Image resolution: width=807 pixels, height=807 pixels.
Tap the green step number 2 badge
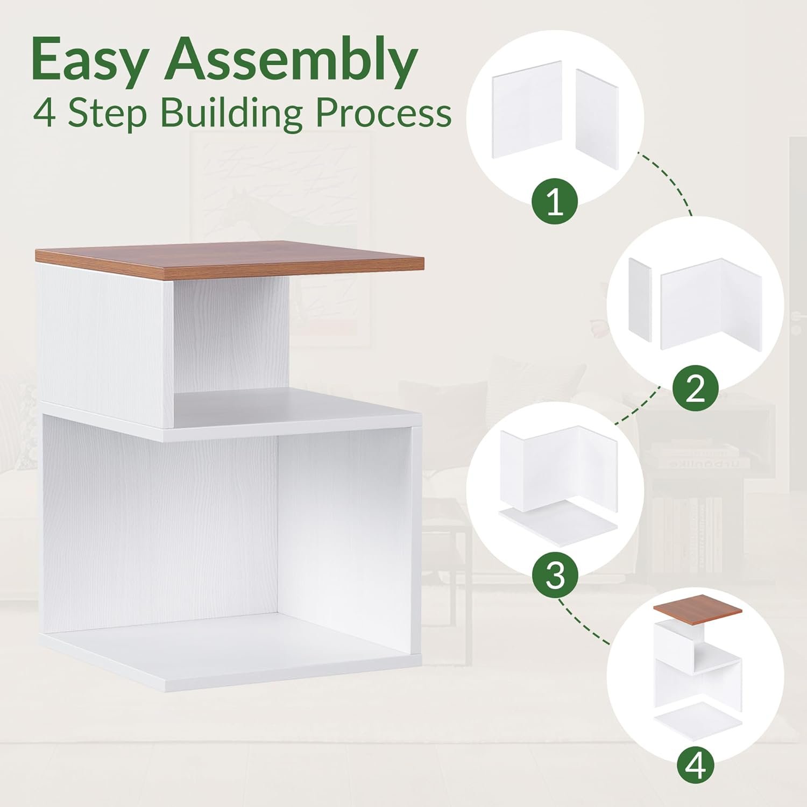[x=696, y=388]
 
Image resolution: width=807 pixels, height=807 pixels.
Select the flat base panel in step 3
[x=558, y=521]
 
